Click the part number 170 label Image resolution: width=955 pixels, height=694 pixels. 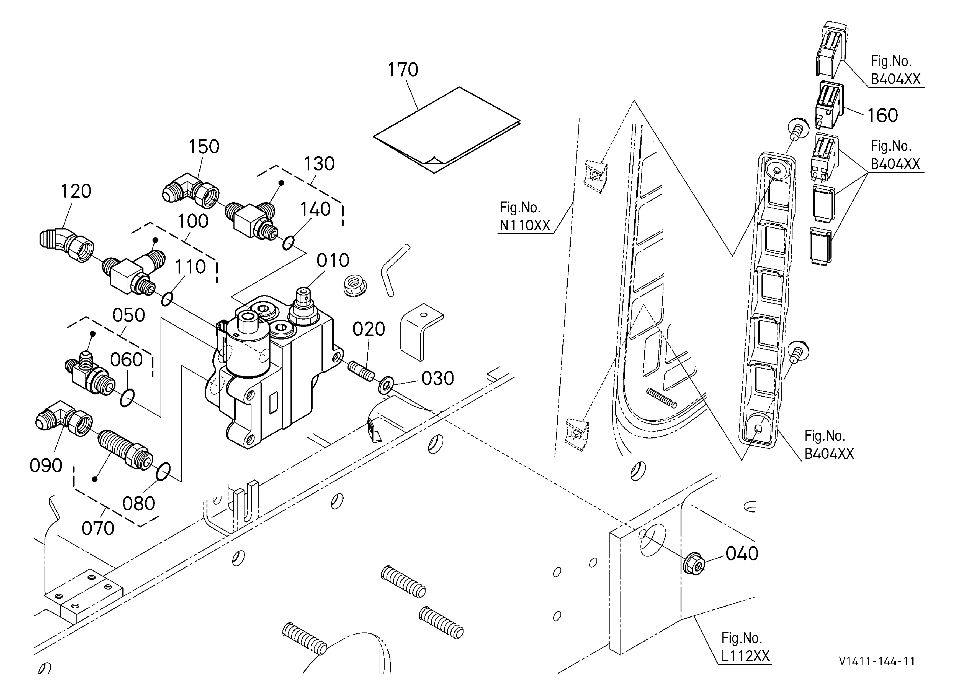coord(403,70)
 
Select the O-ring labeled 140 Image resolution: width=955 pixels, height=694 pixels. coord(288,243)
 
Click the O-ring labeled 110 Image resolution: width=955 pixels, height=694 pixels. coord(167,299)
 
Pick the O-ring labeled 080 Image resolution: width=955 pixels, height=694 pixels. coord(163,472)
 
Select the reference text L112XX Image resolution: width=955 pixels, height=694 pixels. coord(745,656)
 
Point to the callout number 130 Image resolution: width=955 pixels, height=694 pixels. coord(319,164)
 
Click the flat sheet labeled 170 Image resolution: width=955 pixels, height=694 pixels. coord(447,130)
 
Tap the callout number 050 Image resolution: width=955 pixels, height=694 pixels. coord(129,315)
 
